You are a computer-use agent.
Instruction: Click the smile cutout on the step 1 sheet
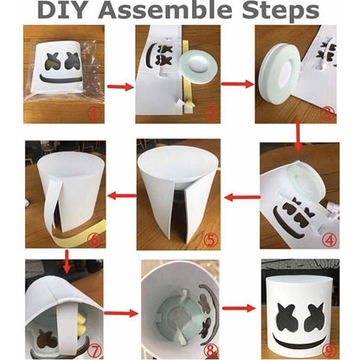click(x=63, y=75)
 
